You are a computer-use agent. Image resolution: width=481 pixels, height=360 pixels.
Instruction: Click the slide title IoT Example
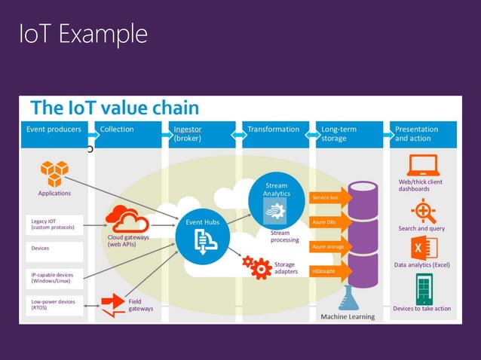point(84,34)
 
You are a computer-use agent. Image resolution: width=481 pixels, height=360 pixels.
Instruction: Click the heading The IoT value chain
point(114,108)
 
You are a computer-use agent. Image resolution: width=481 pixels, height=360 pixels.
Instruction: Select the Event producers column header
point(54,130)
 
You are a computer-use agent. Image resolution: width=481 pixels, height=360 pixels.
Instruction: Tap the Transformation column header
point(273,130)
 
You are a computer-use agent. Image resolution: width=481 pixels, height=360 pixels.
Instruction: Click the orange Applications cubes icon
point(54,174)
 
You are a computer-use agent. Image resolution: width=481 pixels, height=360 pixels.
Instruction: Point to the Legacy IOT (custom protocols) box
point(54,224)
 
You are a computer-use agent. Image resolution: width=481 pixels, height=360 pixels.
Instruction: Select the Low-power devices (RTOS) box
point(54,305)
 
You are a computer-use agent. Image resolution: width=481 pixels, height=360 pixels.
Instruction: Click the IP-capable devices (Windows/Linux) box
point(54,278)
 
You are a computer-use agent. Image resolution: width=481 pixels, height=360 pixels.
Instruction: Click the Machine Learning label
point(348,316)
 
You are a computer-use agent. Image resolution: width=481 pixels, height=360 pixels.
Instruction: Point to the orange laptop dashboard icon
point(423,165)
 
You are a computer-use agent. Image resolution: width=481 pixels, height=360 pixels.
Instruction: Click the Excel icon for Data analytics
point(424,247)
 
